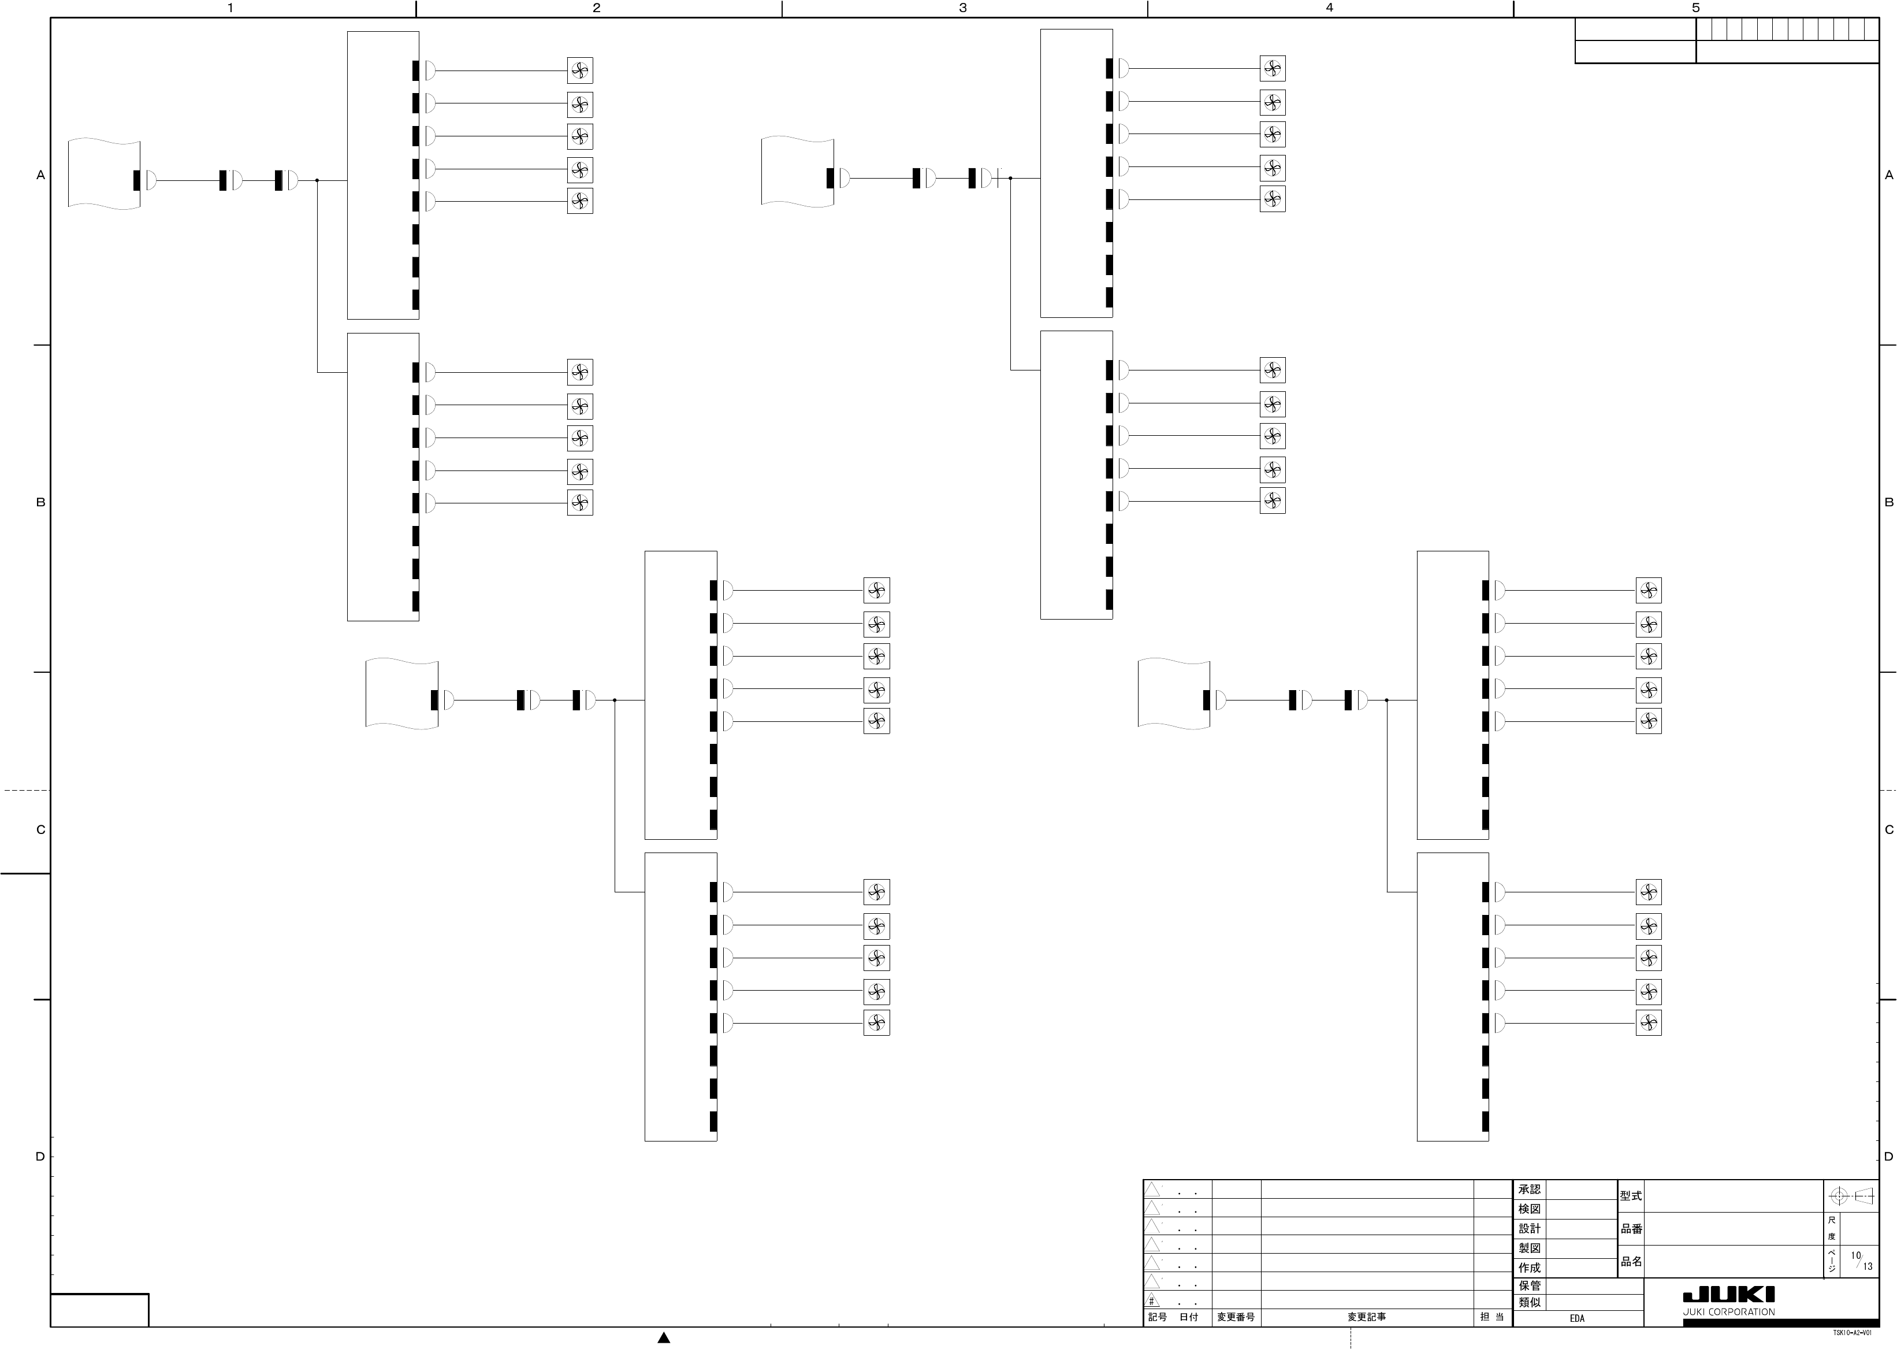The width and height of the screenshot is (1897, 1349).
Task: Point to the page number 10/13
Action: (1861, 1261)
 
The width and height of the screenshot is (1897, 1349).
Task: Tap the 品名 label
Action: (1631, 1261)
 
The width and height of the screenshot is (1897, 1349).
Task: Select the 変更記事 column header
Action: (1367, 1317)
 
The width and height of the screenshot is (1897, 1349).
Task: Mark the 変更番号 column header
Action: (1236, 1317)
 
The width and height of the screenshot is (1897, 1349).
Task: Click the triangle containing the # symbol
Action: (1152, 1300)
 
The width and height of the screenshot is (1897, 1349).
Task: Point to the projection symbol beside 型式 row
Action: (1851, 1196)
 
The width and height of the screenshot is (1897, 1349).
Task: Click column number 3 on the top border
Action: (963, 8)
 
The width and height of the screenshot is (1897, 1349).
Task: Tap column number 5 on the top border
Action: (1695, 8)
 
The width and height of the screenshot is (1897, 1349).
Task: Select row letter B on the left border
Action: (40, 503)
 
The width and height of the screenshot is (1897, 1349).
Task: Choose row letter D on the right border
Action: (1889, 1157)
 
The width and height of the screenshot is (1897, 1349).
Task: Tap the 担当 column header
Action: (1492, 1317)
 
